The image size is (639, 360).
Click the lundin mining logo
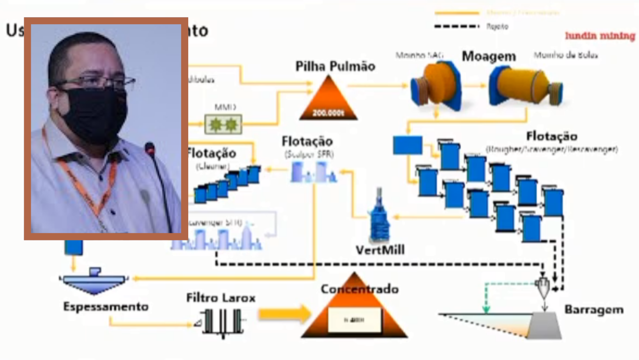point(600,36)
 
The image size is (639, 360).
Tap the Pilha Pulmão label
point(335,66)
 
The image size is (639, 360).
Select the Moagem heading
point(489,56)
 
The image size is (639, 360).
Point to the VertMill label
point(380,250)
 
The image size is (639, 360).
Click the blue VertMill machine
point(379,218)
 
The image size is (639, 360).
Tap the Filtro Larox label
point(221,298)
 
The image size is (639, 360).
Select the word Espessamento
point(106,307)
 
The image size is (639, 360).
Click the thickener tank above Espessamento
point(94,281)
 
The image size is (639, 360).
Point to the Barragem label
point(593,310)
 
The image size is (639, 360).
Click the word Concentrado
point(359,289)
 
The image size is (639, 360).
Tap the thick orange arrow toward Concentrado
point(284,314)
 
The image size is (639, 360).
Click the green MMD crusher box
point(223,124)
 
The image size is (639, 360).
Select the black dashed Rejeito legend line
point(457,26)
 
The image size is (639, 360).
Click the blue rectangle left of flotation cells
point(407,145)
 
